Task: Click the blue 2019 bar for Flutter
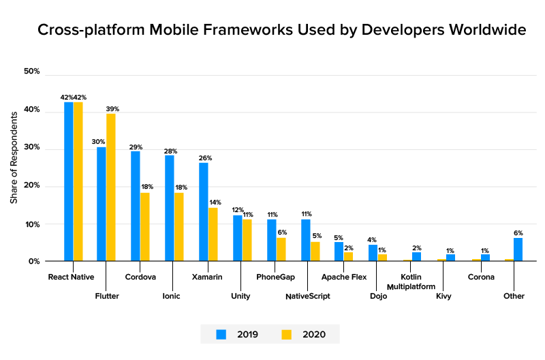click(102, 204)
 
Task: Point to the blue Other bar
click(518, 250)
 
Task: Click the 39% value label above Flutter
click(112, 108)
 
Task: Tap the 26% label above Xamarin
click(204, 157)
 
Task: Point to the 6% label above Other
click(518, 232)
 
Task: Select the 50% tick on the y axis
click(32, 72)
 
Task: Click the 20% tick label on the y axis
click(32, 185)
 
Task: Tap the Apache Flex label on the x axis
click(345, 277)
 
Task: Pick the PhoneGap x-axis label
click(275, 277)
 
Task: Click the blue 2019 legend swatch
click(221, 334)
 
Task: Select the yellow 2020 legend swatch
click(286, 334)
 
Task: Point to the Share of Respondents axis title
click(14, 166)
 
